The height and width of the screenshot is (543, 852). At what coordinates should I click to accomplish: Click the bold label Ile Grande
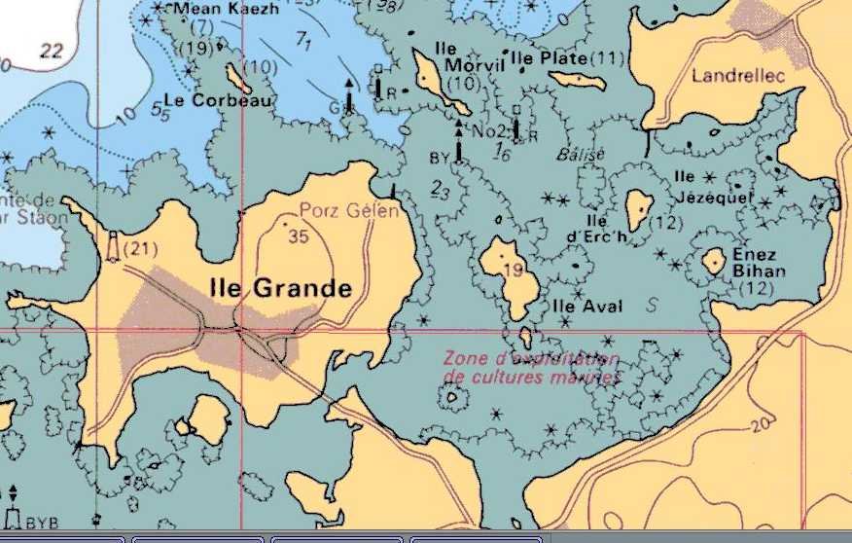(x=281, y=288)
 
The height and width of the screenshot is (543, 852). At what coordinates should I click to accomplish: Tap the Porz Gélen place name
(x=349, y=211)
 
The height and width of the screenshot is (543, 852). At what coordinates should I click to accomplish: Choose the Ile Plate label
(x=550, y=58)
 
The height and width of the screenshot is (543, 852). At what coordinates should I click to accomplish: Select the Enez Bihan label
(x=759, y=263)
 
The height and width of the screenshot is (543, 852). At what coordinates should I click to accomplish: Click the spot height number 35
(x=299, y=236)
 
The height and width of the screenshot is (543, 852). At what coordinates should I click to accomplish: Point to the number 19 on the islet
(x=514, y=271)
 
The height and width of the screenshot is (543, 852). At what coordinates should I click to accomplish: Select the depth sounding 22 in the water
(x=51, y=51)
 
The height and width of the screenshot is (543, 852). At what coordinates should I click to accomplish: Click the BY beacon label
(x=439, y=157)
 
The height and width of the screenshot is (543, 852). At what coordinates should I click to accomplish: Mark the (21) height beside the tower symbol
(x=142, y=250)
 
